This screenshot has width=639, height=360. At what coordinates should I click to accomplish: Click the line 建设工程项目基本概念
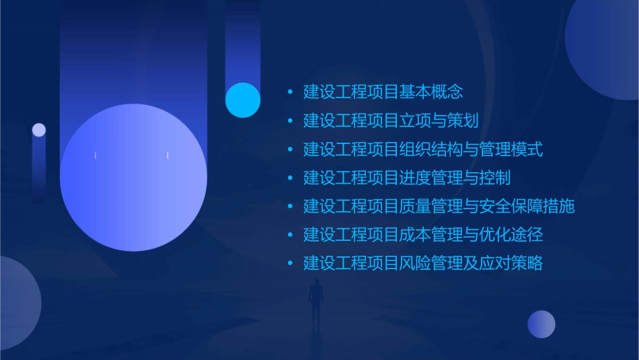(383, 92)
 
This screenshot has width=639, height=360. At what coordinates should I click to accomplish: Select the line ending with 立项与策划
(391, 121)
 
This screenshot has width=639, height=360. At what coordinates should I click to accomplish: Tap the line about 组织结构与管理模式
(423, 149)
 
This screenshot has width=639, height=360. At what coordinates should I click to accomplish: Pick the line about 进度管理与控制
(407, 178)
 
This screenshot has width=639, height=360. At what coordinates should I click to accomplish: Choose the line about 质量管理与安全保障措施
(439, 207)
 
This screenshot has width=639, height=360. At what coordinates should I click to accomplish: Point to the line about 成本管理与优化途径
(423, 235)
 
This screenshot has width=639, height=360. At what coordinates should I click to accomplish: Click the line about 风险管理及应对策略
(423, 263)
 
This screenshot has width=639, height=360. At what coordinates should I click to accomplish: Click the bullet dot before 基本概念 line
(290, 92)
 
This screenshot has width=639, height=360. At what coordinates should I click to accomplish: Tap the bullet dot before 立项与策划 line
(290, 121)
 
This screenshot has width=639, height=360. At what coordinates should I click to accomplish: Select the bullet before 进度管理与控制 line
(290, 178)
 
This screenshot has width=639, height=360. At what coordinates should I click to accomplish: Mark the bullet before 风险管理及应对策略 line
(290, 263)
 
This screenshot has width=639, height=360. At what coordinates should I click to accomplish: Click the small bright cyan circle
(243, 100)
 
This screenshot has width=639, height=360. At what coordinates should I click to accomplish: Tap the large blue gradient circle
(133, 178)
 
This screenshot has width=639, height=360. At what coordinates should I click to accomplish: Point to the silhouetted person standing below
(316, 301)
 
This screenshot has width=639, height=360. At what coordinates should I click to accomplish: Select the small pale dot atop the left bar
(39, 130)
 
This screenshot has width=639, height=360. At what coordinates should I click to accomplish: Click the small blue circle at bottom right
(541, 324)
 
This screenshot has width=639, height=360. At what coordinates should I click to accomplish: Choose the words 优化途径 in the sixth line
(519, 235)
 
